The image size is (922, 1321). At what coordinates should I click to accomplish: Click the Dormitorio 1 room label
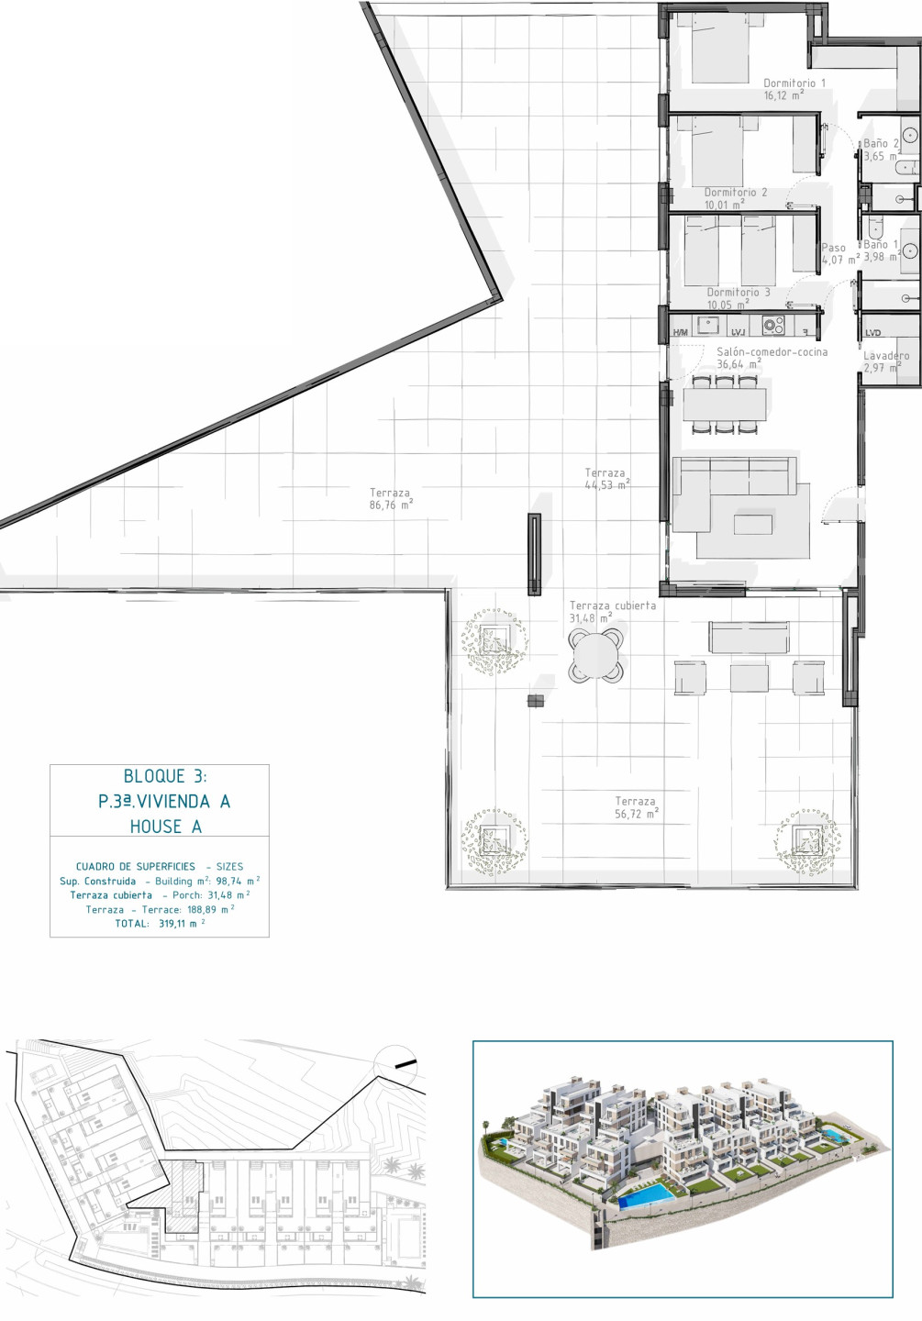(794, 83)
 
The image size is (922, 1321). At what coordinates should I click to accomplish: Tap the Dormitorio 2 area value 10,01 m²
(724, 205)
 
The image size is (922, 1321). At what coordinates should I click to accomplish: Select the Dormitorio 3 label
(738, 292)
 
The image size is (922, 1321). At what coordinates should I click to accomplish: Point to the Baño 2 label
(882, 143)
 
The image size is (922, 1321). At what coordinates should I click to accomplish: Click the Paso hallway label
(834, 248)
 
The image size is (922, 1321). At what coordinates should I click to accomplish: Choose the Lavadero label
(886, 356)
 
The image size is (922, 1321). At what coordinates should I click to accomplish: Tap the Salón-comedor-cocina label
(772, 351)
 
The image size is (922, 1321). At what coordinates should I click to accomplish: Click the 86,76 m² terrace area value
(391, 505)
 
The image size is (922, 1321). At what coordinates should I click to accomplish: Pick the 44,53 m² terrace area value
(607, 484)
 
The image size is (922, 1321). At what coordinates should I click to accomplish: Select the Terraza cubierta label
(612, 605)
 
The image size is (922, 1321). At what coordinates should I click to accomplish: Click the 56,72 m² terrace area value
(637, 814)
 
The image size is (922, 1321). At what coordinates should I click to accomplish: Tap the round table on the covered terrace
(596, 655)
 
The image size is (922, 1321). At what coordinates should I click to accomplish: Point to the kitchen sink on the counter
(707, 325)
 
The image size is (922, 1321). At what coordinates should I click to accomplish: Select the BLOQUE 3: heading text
(165, 776)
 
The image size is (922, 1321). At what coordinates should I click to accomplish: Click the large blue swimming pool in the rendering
(647, 1194)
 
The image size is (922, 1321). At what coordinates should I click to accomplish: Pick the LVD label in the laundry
(873, 333)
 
